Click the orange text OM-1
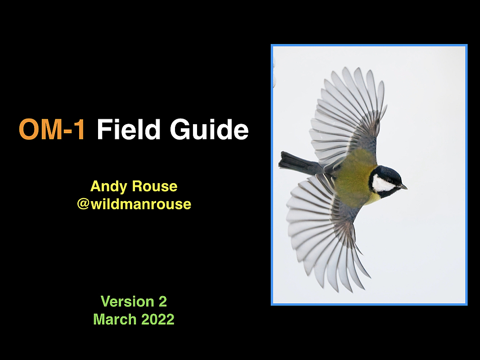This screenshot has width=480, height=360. pos(52,130)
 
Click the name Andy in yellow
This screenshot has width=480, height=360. pos(109,187)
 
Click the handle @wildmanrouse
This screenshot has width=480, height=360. pos(134,204)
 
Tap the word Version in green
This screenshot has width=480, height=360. pos(127,301)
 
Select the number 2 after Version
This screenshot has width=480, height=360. pos(162,301)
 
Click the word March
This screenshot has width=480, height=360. pos(115,319)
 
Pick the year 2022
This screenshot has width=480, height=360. pos(158,319)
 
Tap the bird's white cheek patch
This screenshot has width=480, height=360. pos(383,183)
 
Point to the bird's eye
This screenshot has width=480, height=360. pos(390,180)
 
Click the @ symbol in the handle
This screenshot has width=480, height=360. pos(83,204)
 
